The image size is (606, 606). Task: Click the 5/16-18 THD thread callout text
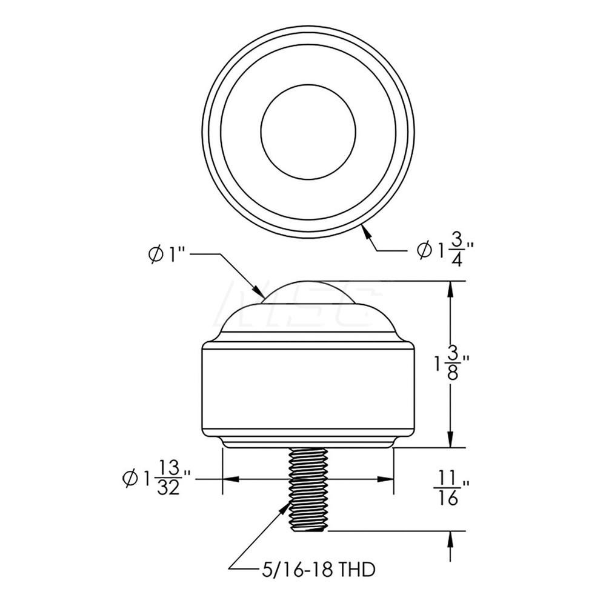(x=311, y=570)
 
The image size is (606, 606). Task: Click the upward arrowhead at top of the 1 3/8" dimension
(x=450, y=288)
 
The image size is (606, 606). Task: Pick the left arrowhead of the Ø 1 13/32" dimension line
(x=229, y=479)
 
